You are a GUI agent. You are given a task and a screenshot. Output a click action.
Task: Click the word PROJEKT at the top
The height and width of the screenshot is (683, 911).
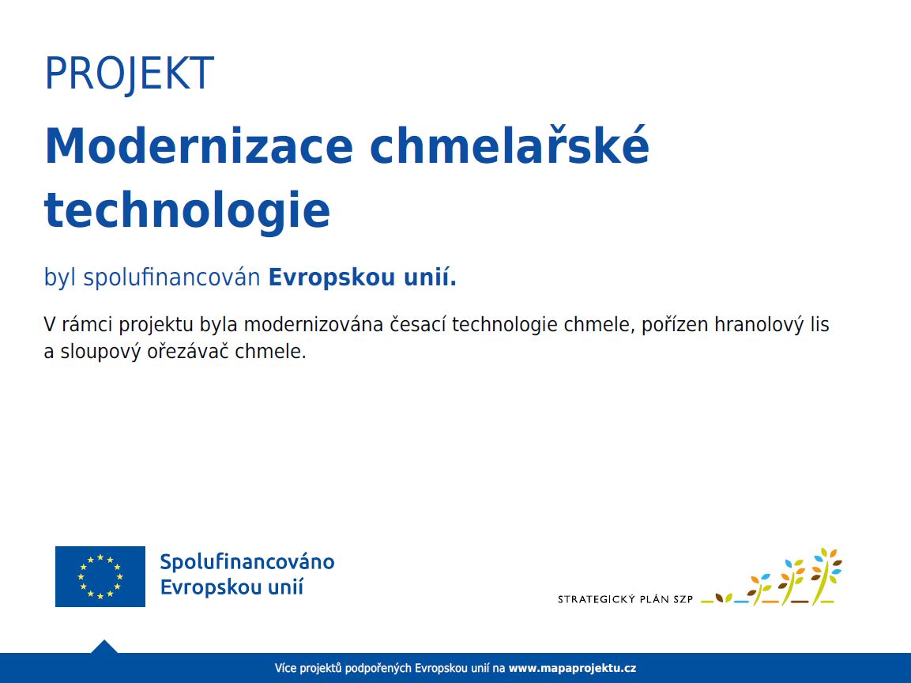[129, 74]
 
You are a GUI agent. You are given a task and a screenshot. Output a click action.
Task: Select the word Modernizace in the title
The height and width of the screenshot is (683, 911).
[198, 146]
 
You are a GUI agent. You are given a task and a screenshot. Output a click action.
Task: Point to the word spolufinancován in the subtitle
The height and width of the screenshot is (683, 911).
[171, 277]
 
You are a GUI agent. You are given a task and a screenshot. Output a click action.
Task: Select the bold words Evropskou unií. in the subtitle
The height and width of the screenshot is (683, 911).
[362, 277]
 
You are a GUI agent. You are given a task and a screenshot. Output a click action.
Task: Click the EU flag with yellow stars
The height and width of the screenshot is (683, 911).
[100, 576]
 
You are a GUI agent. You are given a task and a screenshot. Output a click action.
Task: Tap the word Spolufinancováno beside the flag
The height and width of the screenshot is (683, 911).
[247, 563]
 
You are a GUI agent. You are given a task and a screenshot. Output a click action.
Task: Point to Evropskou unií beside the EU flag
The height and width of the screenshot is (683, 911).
[232, 587]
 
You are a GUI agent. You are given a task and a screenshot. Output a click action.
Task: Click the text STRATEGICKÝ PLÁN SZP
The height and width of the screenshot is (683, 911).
[625, 599]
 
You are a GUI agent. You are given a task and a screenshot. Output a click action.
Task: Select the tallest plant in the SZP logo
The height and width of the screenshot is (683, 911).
[826, 575]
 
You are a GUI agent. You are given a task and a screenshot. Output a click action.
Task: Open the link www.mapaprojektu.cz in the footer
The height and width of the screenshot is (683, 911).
[572, 669]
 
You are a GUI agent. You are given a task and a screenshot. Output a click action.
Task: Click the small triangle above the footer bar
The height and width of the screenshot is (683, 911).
[104, 647]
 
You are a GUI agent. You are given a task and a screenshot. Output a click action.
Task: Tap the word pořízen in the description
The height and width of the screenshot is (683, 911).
[675, 325]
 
